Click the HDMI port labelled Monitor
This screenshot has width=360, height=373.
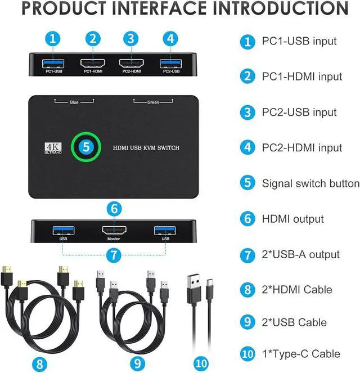114,230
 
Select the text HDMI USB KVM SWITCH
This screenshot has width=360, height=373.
146,149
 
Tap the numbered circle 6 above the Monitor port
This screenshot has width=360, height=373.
114,208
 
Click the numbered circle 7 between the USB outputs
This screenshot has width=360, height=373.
114,255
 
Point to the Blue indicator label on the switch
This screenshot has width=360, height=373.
74,102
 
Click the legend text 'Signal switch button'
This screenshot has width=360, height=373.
310,183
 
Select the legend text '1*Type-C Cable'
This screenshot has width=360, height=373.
301,354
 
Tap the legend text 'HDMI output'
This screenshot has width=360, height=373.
292,219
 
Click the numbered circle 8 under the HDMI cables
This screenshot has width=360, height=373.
39,363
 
